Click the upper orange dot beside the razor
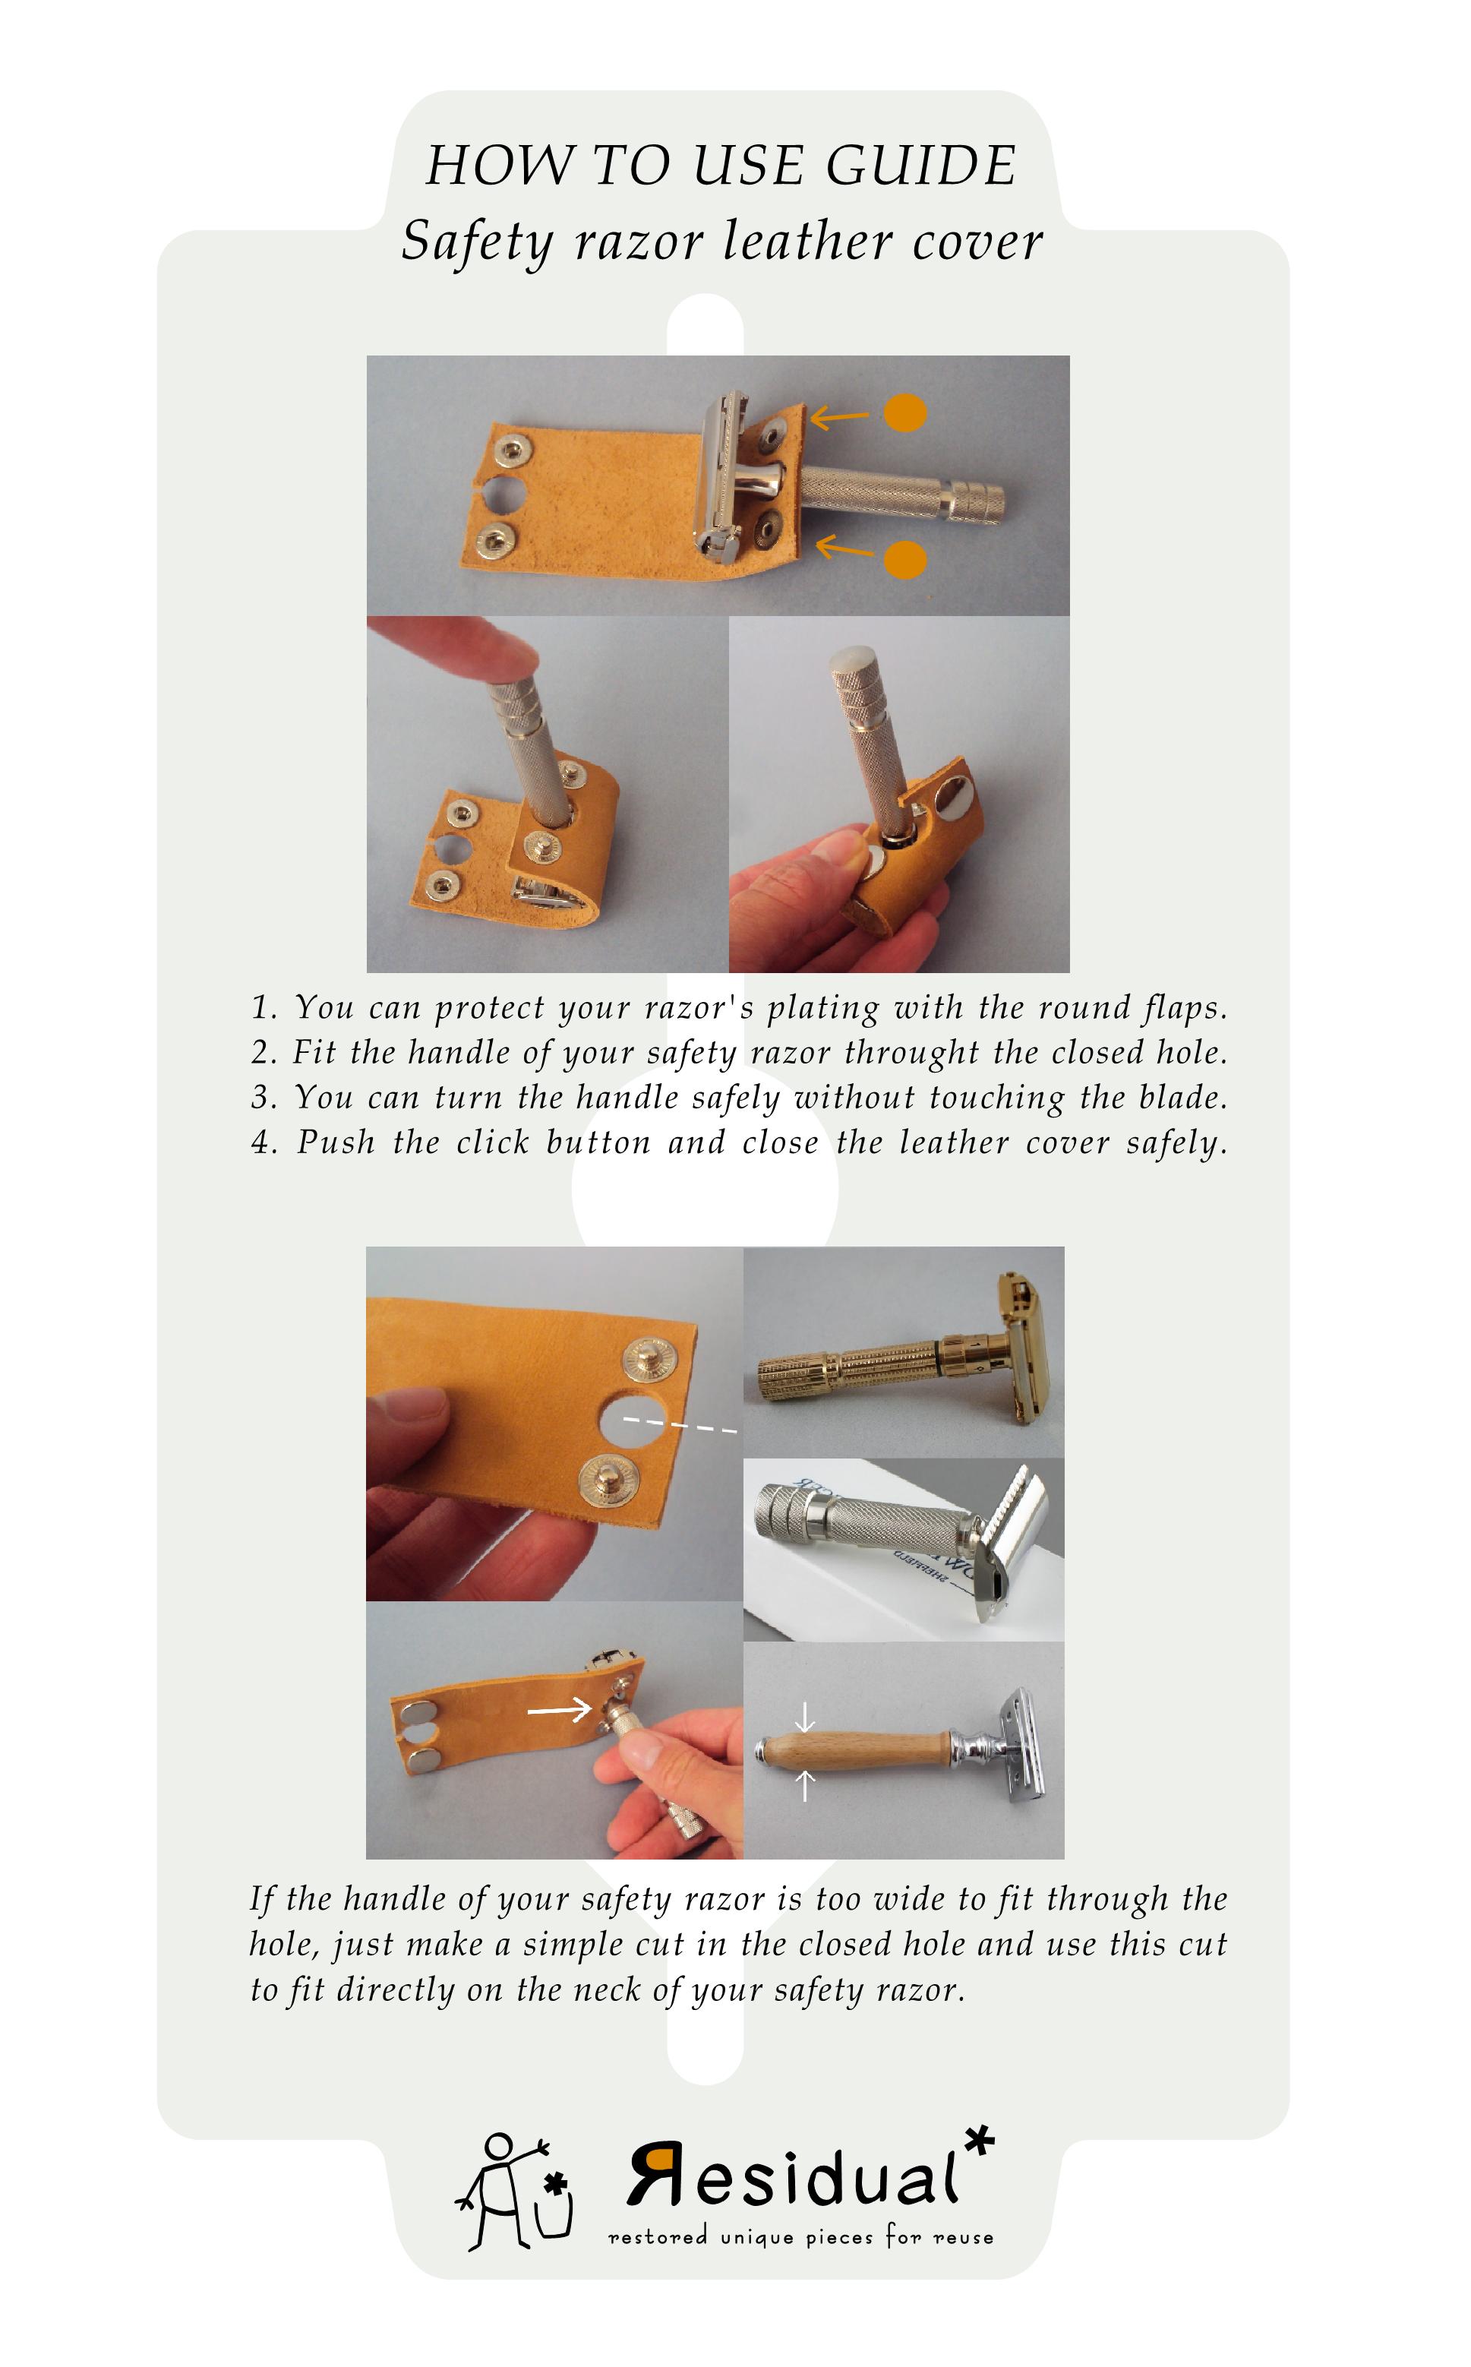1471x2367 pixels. pos(904,412)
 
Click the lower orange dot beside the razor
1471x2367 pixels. pos(904,559)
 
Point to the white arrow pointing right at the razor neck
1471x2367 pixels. pos(560,1709)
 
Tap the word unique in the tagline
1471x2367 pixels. pos(757,2239)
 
